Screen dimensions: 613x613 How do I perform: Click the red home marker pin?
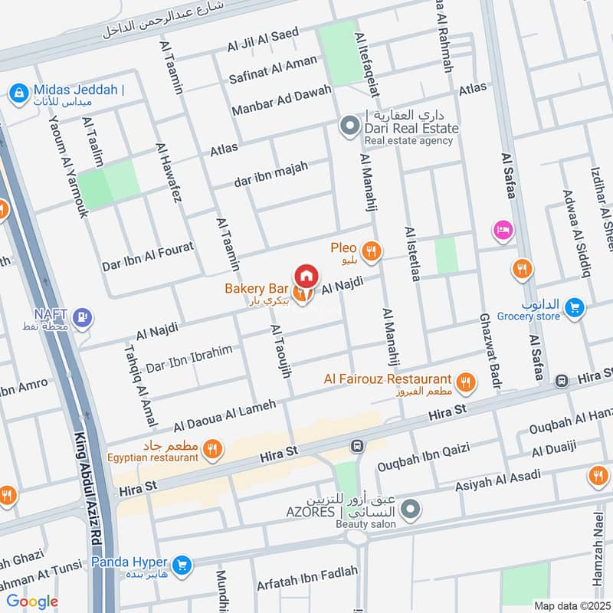click(x=306, y=275)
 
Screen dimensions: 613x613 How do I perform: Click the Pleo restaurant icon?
click(x=372, y=250)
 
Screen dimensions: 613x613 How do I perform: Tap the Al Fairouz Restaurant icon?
click(x=464, y=380)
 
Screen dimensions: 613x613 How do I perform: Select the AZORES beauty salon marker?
click(x=411, y=508)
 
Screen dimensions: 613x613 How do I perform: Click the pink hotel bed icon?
click(x=503, y=229)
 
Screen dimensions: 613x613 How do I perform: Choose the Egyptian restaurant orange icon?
click(x=213, y=451)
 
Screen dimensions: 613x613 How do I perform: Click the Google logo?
click(x=33, y=602)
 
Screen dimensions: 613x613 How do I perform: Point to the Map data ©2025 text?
click(x=572, y=605)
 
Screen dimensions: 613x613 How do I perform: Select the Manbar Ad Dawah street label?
click(x=281, y=101)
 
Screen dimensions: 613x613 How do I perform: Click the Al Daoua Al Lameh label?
click(x=224, y=415)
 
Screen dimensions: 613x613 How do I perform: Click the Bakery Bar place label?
click(x=256, y=289)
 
